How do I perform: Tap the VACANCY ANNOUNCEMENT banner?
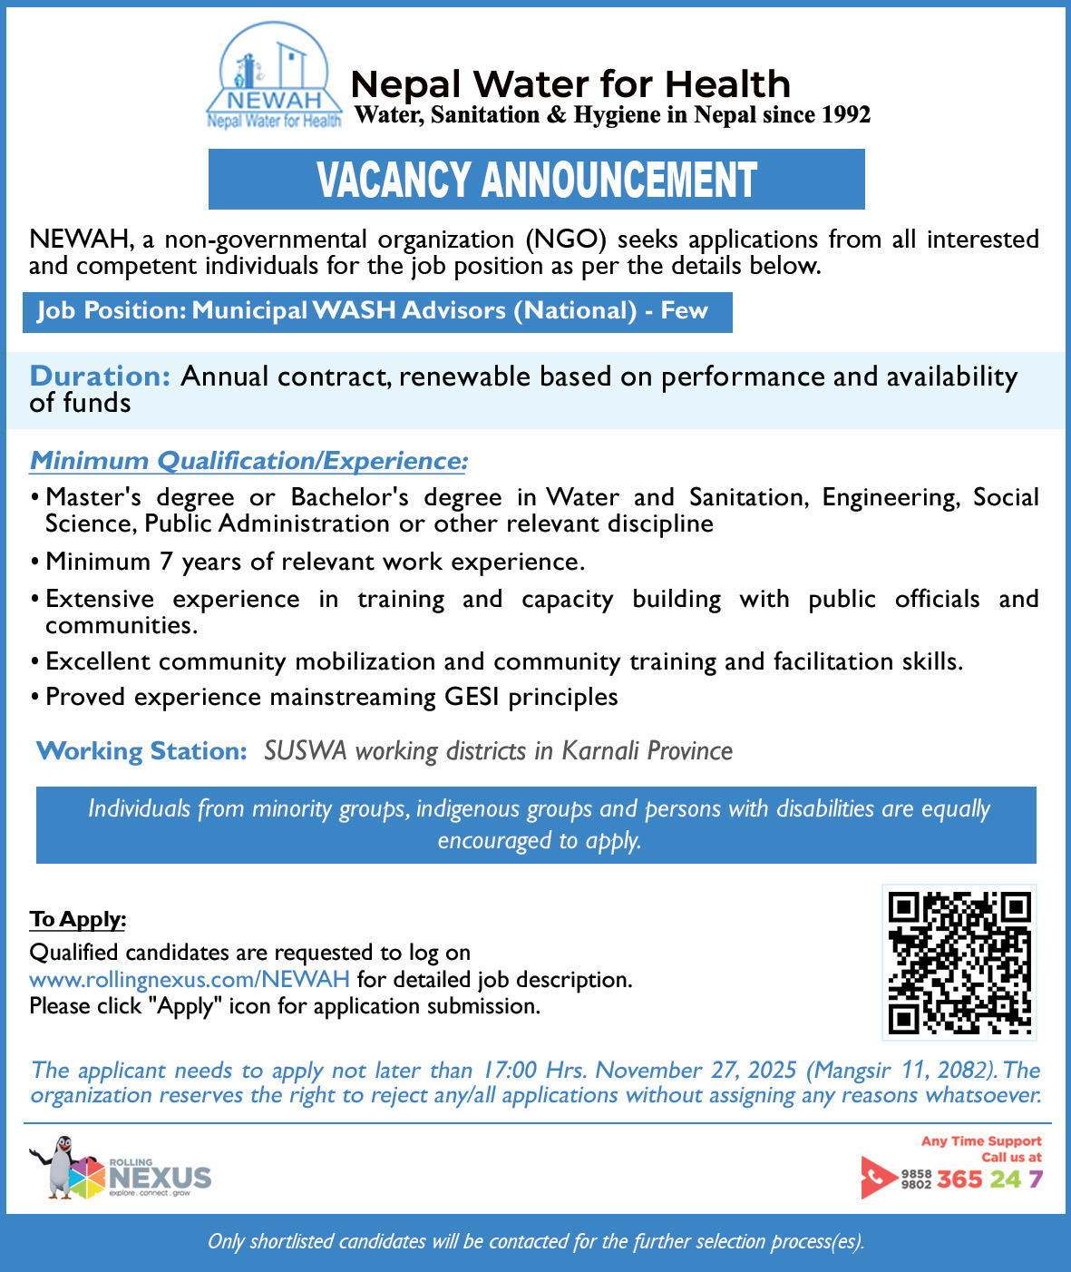(536, 180)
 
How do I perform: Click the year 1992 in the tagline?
(845, 115)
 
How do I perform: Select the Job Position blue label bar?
(376, 311)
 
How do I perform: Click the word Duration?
(100, 377)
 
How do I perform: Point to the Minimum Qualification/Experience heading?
(248, 461)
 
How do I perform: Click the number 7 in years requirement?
(166, 562)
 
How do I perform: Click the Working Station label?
(141, 751)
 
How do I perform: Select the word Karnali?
(600, 751)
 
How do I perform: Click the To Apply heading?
(77, 919)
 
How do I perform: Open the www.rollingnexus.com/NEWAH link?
(190, 980)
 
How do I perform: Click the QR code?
(959, 962)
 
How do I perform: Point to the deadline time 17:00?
(510, 1071)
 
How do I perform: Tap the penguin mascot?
(59, 1168)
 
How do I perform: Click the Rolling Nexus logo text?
(160, 1178)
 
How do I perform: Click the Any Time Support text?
(981, 1141)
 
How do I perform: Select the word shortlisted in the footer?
(290, 1241)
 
